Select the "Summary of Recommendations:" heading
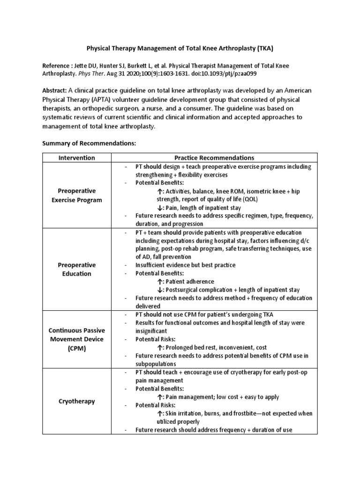pos(89,142)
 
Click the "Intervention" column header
pos(76,157)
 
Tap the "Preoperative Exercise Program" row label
pos(76,195)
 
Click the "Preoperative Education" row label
pos(76,269)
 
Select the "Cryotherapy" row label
pos(76,401)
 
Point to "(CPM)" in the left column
pos(76,349)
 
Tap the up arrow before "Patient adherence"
pos(160,282)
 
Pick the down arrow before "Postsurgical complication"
pos(160,290)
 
